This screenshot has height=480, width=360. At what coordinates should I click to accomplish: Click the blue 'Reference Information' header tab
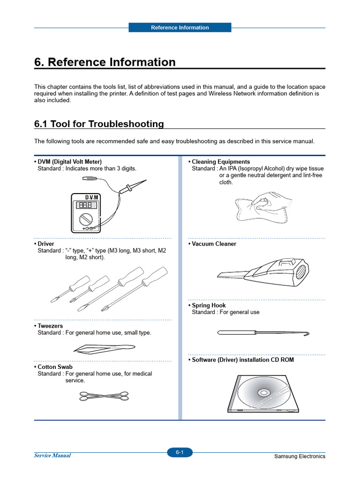180,28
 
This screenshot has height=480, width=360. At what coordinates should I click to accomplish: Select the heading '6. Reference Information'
105,62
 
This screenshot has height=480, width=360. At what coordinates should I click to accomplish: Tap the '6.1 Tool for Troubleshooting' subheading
99,124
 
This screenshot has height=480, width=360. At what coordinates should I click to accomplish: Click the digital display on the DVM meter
85,205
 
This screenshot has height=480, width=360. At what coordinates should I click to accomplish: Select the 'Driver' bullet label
46,244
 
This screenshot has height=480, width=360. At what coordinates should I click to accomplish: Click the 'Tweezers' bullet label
50,326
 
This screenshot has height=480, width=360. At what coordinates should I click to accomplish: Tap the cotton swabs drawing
104,397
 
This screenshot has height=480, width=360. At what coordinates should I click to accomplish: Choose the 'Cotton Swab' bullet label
55,367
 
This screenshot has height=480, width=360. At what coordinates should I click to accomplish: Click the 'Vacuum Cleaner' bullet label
214,244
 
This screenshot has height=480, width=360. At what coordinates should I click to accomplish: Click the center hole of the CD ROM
262,392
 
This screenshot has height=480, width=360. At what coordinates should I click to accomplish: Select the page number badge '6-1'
180,452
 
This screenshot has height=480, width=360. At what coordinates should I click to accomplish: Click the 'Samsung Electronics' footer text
300,457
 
